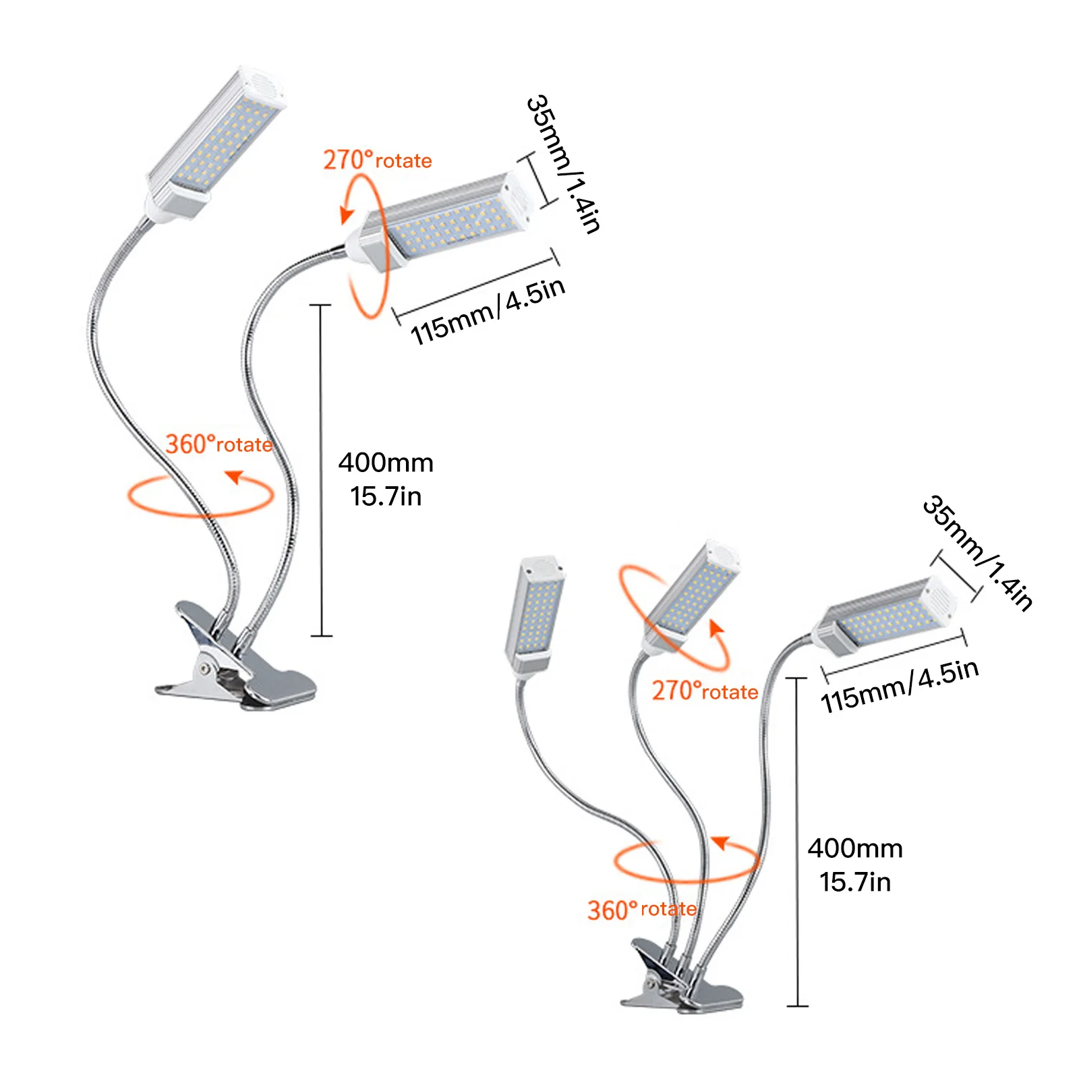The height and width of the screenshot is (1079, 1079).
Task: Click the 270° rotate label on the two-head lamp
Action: click(x=377, y=161)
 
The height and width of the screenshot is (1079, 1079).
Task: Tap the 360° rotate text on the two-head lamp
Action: click(x=218, y=444)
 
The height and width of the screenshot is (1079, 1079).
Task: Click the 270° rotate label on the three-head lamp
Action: click(x=705, y=691)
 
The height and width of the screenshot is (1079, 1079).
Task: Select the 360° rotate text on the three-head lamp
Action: click(x=641, y=910)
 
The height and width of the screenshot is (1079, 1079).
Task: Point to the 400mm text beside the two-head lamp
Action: click(x=386, y=463)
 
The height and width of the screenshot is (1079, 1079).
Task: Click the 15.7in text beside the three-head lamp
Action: click(x=854, y=882)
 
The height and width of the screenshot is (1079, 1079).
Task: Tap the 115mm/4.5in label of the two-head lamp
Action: click(x=488, y=311)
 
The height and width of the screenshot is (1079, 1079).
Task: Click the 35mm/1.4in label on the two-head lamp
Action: click(x=563, y=164)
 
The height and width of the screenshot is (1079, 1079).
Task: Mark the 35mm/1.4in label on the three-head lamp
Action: click(x=978, y=553)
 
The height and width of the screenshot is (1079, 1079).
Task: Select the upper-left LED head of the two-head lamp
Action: click(x=216, y=142)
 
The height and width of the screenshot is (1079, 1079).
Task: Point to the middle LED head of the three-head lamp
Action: click(x=691, y=593)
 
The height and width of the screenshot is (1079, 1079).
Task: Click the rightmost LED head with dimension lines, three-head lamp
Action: click(x=887, y=617)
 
